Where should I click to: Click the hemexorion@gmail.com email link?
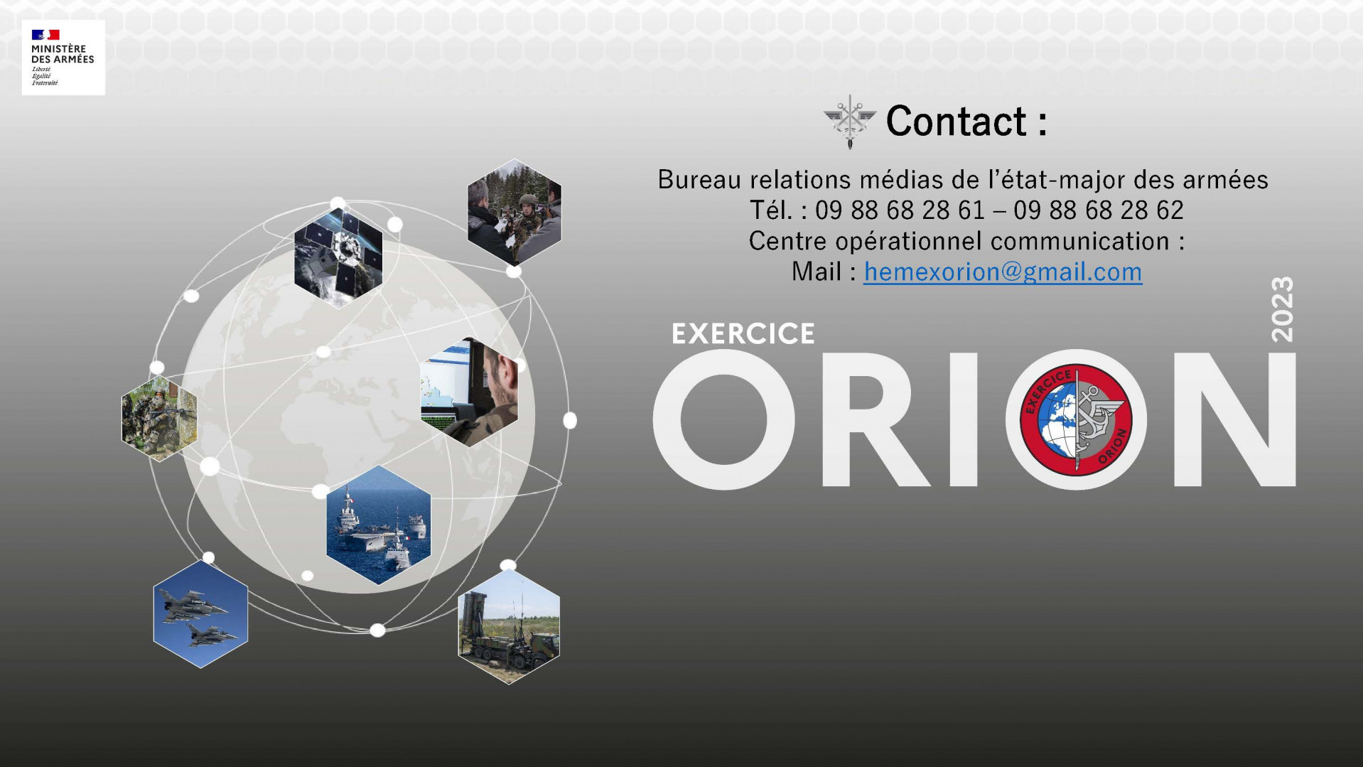1003,272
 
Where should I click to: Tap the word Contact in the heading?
957,121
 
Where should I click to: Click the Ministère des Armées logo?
63,58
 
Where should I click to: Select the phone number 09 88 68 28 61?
900,210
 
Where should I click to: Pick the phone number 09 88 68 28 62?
1099,210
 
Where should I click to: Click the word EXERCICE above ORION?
743,334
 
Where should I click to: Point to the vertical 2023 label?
1282,309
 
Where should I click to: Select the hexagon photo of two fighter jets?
200,614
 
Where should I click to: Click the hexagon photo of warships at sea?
379,525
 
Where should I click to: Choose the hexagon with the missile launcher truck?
509,626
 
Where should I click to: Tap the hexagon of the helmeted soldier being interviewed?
515,212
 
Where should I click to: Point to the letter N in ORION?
1235,419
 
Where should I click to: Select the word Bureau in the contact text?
700,180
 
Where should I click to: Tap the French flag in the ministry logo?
45,35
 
